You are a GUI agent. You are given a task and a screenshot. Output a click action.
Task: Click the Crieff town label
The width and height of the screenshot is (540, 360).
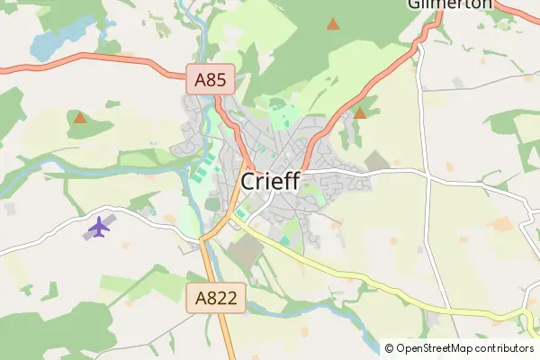pyautogui.click(x=271, y=182)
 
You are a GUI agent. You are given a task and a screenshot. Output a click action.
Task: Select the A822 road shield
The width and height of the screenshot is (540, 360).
pyautogui.click(x=217, y=299)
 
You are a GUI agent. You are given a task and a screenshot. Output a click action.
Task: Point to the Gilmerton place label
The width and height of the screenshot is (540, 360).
pyautogui.click(x=450, y=4)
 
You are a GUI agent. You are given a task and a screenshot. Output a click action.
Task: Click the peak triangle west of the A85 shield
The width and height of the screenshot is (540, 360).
pyautogui.click(x=80, y=117)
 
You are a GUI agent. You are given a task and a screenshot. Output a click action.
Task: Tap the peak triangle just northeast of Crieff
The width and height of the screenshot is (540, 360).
pyautogui.click(x=360, y=113)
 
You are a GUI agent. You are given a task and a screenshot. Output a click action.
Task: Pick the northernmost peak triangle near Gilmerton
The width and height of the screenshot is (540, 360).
pyautogui.click(x=333, y=23)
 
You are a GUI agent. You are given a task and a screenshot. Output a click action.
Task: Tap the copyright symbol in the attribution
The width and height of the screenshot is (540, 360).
pyautogui.click(x=389, y=348)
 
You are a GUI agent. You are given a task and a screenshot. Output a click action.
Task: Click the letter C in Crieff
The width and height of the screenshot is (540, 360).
pyautogui.click(x=250, y=182)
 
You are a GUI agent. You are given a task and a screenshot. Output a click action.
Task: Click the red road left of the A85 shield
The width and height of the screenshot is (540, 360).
pyautogui.click(x=108, y=58)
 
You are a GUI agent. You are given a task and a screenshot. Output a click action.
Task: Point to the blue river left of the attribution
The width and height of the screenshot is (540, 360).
pyautogui.click(x=370, y=337)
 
